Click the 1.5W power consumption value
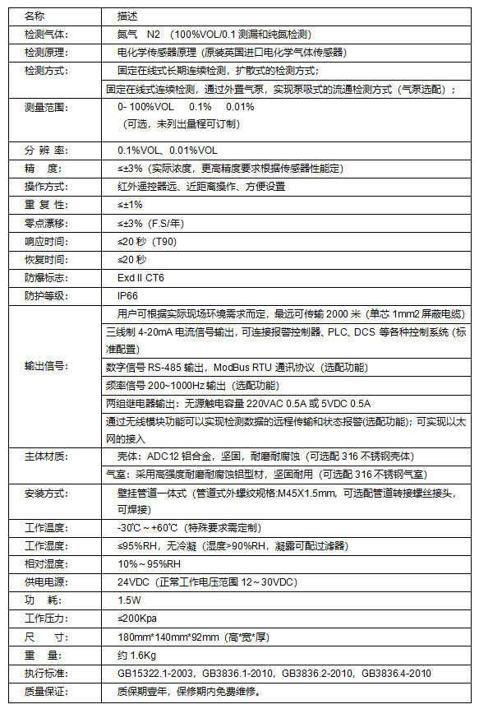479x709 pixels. tap(129, 600)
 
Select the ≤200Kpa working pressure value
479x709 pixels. tap(137, 618)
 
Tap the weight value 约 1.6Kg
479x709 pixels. tap(136, 655)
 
